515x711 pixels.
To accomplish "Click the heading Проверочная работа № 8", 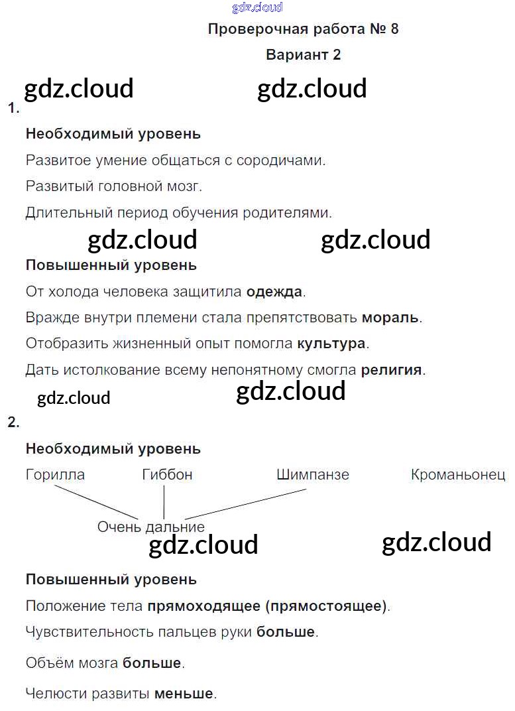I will pos(303,29).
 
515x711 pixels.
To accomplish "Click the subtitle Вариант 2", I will pos(303,55).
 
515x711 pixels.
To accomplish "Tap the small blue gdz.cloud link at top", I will pos(257,8).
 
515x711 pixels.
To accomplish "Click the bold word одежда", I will pos(274,291).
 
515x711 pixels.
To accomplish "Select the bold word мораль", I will pos(390,318).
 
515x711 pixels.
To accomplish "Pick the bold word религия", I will pos(391,370).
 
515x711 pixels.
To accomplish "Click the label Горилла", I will pos(55,475).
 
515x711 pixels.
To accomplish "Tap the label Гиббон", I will pos(167,475).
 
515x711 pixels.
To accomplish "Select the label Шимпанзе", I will pos(312,475).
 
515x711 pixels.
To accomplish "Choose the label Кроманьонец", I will pos(458,475).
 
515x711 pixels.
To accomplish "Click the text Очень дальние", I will pos(151,527).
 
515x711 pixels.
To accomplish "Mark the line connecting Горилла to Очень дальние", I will pos(96,503).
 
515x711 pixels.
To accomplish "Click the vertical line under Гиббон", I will pos(164,503).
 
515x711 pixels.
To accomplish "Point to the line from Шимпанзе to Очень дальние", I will pos(245,505).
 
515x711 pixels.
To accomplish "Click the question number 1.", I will pos(13,108).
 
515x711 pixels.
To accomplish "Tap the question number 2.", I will pos(13,422).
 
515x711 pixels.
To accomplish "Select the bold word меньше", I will pos(184,694).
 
